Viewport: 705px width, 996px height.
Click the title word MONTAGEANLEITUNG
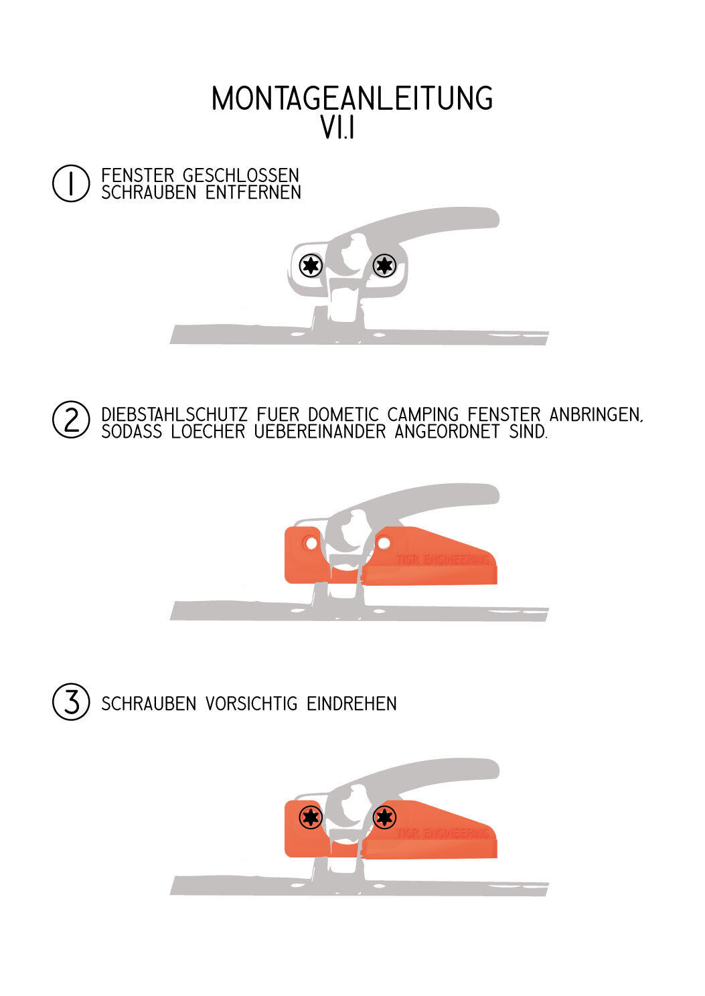[352, 98]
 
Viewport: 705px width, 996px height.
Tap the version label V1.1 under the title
[337, 128]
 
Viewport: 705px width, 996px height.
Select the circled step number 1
[71, 183]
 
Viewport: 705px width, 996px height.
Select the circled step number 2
[71, 420]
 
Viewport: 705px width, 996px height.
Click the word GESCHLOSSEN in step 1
[240, 175]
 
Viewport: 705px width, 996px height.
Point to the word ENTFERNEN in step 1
[253, 192]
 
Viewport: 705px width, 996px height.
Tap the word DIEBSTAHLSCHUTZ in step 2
[174, 414]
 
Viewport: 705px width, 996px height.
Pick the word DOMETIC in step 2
[343, 414]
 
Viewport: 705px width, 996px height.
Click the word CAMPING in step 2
[422, 414]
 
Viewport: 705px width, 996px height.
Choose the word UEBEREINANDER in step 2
[320, 431]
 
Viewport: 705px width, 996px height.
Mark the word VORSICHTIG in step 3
[251, 703]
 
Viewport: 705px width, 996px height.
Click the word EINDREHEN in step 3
[351, 703]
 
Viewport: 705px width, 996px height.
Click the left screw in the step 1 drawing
[311, 266]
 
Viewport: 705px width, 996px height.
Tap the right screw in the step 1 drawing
[384, 266]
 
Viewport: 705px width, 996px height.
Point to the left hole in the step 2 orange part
[311, 543]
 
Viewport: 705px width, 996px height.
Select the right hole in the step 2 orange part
[384, 543]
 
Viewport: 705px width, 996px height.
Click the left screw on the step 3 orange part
[311, 817]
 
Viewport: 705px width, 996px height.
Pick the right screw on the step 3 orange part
[384, 817]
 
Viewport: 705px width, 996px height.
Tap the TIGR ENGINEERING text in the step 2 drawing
[443, 560]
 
